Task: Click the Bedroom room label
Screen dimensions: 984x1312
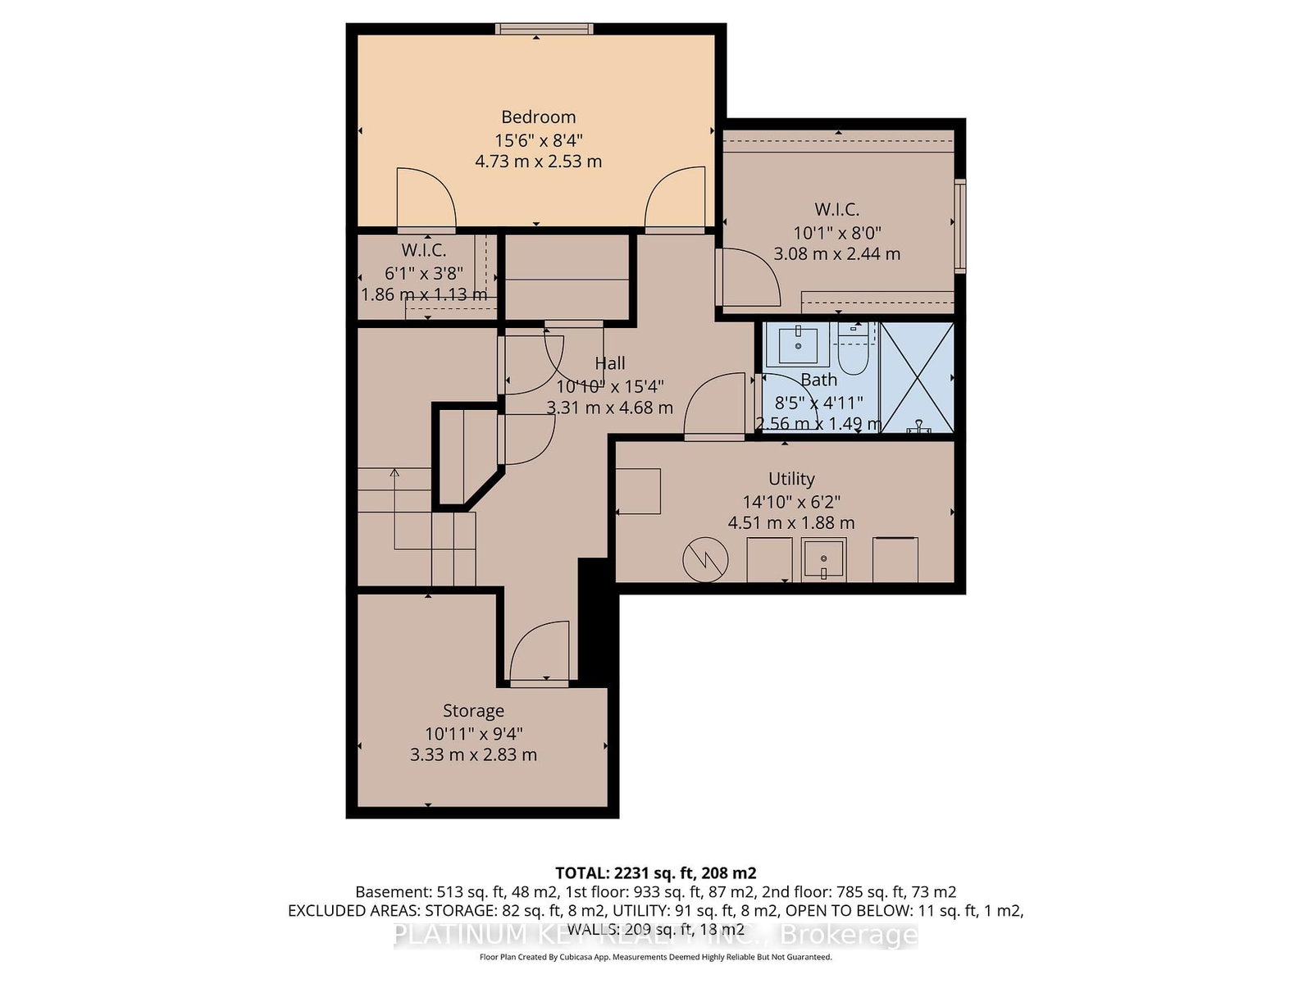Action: tap(538, 117)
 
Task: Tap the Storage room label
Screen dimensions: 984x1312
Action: tap(473, 711)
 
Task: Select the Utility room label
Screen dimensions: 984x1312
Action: tap(791, 479)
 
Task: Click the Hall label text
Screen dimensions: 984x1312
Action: tap(610, 363)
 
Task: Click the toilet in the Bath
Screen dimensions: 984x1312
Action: tap(854, 353)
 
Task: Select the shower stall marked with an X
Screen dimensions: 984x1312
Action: tap(917, 378)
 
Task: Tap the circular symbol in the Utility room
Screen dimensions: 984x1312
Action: tap(705, 560)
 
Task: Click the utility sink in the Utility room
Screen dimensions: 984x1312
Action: tap(823, 560)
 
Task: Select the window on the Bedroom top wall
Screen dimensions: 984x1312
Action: tap(544, 29)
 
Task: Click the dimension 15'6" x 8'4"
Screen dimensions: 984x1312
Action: tap(538, 140)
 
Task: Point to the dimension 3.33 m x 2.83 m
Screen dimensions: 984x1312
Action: tap(473, 755)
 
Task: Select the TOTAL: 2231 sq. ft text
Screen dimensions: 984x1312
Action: tap(655, 873)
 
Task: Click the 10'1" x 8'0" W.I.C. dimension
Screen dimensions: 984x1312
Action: tap(836, 233)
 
